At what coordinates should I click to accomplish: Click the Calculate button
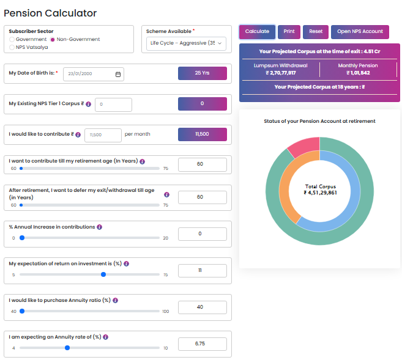click(257, 32)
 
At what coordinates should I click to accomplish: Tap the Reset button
click(315, 32)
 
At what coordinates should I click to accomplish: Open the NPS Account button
click(360, 32)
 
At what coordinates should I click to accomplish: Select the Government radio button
click(12, 39)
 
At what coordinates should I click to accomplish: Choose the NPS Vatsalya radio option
click(12, 47)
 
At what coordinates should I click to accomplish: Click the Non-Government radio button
click(53, 39)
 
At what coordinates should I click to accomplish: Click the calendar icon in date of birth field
click(118, 74)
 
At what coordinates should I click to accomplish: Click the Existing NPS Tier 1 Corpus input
click(113, 105)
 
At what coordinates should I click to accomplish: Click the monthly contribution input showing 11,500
click(102, 134)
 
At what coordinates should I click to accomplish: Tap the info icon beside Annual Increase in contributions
click(100, 227)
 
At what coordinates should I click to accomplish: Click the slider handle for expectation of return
click(103, 274)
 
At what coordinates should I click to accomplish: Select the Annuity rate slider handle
click(67, 348)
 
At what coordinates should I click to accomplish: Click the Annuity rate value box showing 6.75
click(202, 343)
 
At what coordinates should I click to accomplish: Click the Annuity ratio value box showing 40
click(202, 307)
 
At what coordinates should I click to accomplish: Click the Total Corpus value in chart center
click(319, 193)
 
